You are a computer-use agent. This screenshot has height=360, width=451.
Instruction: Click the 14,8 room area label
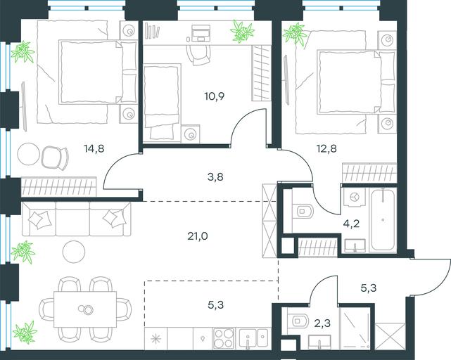click(94, 149)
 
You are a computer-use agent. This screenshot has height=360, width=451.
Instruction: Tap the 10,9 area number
click(215, 96)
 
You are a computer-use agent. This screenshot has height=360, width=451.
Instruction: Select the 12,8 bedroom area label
click(326, 149)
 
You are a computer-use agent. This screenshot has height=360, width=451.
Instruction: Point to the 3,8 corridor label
click(215, 177)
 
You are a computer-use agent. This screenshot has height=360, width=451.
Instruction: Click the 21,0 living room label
click(198, 236)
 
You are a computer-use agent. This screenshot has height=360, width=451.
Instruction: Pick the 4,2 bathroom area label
click(352, 223)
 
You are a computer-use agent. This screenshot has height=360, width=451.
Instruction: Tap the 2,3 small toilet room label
click(322, 323)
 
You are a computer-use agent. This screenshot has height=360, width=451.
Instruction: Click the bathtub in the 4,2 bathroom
click(383, 220)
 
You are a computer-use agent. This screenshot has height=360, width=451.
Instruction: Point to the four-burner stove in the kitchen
click(224, 338)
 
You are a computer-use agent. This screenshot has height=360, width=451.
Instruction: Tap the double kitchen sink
click(253, 338)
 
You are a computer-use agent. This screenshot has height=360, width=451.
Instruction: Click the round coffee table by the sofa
click(74, 252)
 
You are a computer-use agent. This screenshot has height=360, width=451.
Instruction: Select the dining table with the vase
click(85, 309)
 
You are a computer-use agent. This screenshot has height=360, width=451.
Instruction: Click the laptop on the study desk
click(201, 33)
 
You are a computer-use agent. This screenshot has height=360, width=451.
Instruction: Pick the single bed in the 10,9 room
click(162, 103)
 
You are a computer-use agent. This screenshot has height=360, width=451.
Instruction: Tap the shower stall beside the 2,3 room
click(355, 328)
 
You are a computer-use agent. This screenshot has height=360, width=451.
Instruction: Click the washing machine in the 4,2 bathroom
click(354, 197)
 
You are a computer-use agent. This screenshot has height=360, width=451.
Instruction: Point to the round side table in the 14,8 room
click(28, 154)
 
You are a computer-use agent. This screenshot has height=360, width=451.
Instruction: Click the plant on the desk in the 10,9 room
click(242, 31)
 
